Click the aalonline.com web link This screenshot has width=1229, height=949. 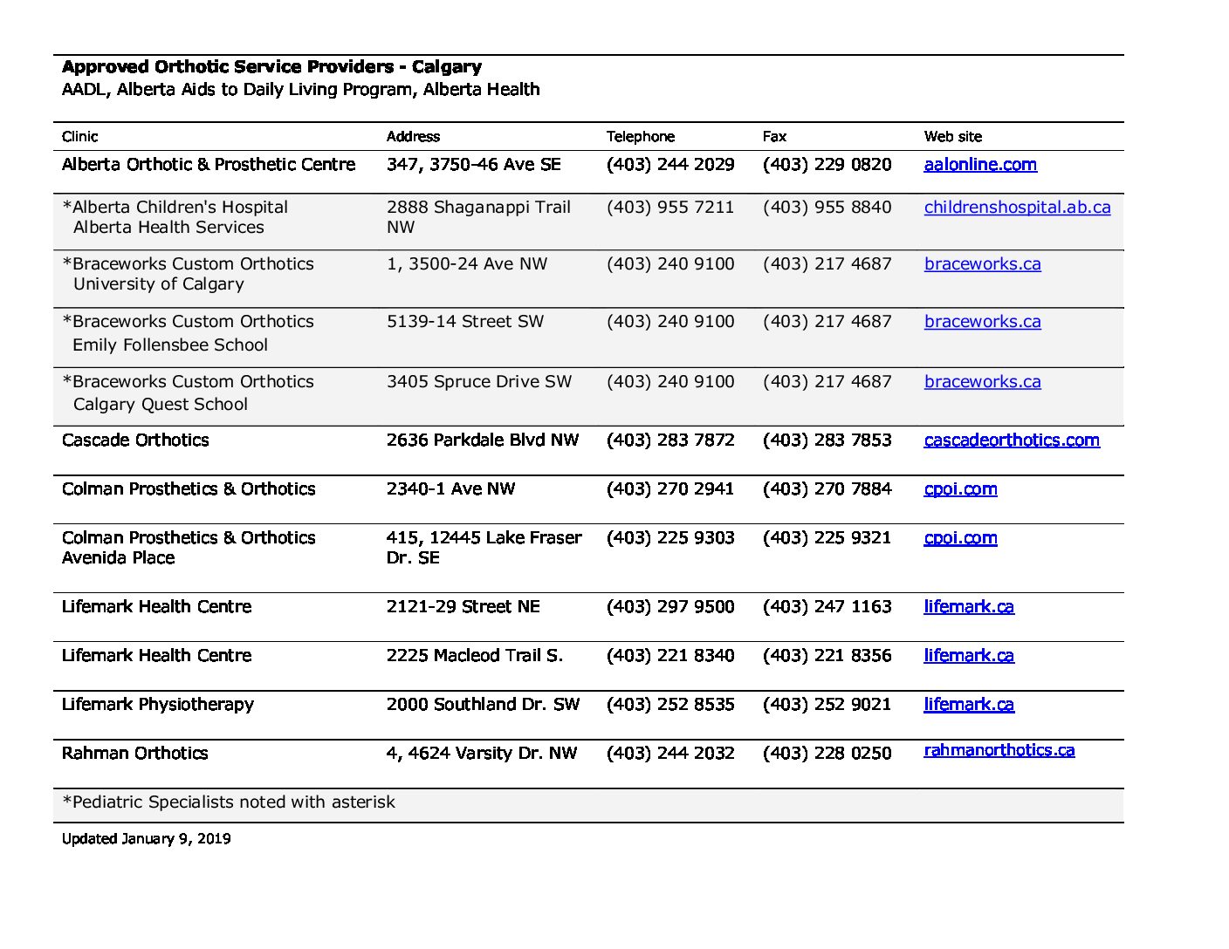pyautogui.click(x=980, y=164)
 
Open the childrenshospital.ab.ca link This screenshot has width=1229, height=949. pyautogui.click(x=1017, y=207)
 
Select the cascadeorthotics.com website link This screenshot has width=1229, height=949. pyautogui.click(x=1012, y=440)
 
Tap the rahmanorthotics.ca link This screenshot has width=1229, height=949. pyautogui.click(x=999, y=750)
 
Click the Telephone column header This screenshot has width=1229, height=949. pyautogui.click(x=641, y=136)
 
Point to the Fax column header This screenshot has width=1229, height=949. pyautogui.click(x=774, y=136)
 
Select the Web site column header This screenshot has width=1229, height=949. pyautogui.click(x=953, y=136)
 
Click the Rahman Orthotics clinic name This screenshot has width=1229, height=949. pyautogui.click(x=135, y=753)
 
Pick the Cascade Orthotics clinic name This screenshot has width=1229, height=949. pyautogui.click(x=135, y=440)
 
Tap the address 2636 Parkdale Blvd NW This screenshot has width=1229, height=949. pyautogui.click(x=483, y=440)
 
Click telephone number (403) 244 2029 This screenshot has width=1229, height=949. pyautogui.click(x=670, y=164)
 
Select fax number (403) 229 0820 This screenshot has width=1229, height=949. pyautogui.click(x=827, y=164)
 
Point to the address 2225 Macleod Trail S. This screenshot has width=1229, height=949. pyautogui.click(x=475, y=655)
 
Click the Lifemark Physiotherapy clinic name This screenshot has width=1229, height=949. pyautogui.click(x=158, y=704)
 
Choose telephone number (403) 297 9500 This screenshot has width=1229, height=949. pyautogui.click(x=670, y=606)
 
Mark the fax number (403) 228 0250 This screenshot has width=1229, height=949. pyautogui.click(x=827, y=753)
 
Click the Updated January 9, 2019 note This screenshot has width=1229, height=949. pyautogui.click(x=147, y=838)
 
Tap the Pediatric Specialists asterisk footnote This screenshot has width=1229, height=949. pyautogui.click(x=229, y=802)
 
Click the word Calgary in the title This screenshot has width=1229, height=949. pyautogui.click(x=447, y=66)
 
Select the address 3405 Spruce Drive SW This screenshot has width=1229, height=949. pyautogui.click(x=479, y=381)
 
